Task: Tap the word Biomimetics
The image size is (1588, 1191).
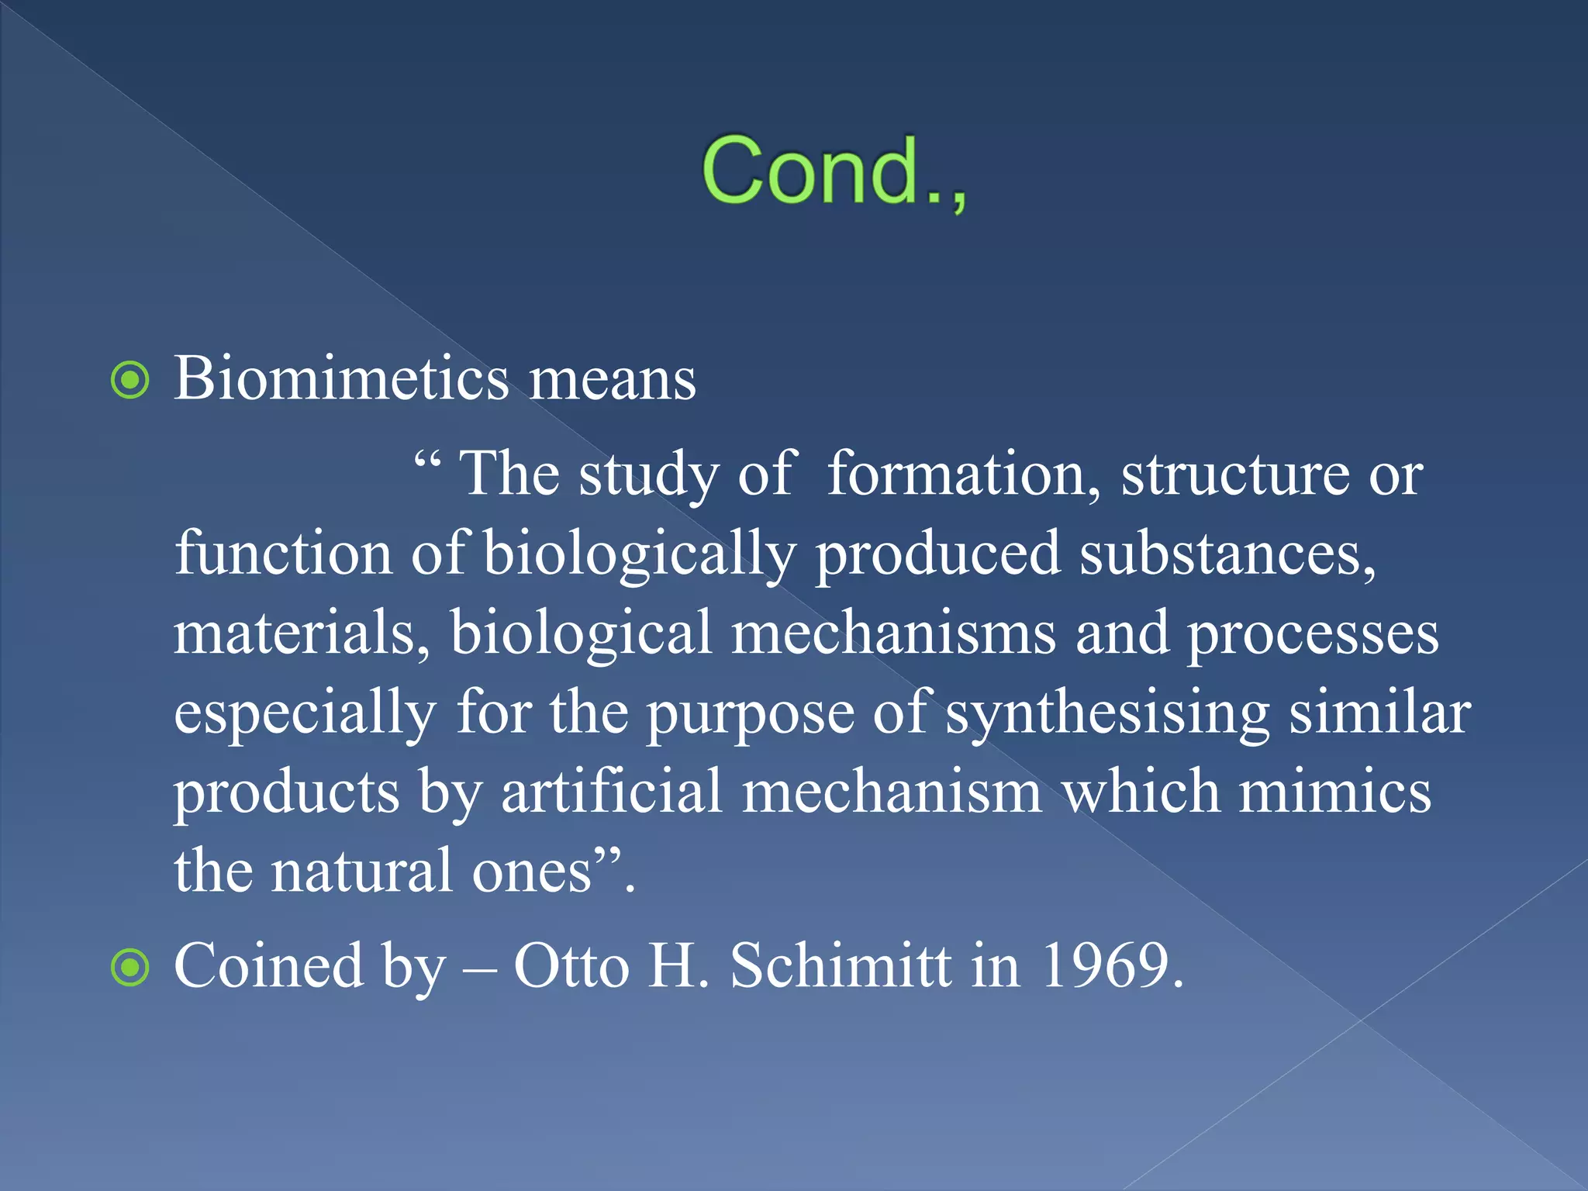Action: (341, 379)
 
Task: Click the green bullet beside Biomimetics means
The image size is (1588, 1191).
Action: (130, 381)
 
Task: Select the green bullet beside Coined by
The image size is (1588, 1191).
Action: (130, 968)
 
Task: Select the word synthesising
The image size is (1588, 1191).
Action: (1107, 713)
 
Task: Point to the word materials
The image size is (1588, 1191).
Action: (302, 633)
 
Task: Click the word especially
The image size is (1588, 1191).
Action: (305, 713)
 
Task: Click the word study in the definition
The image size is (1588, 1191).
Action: (648, 475)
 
